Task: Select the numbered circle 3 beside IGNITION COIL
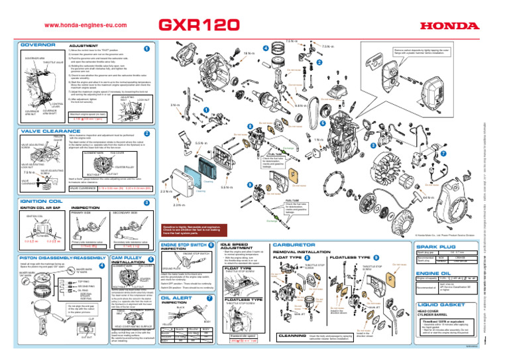(x=146, y=201)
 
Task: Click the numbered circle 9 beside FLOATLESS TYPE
(x=376, y=257)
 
